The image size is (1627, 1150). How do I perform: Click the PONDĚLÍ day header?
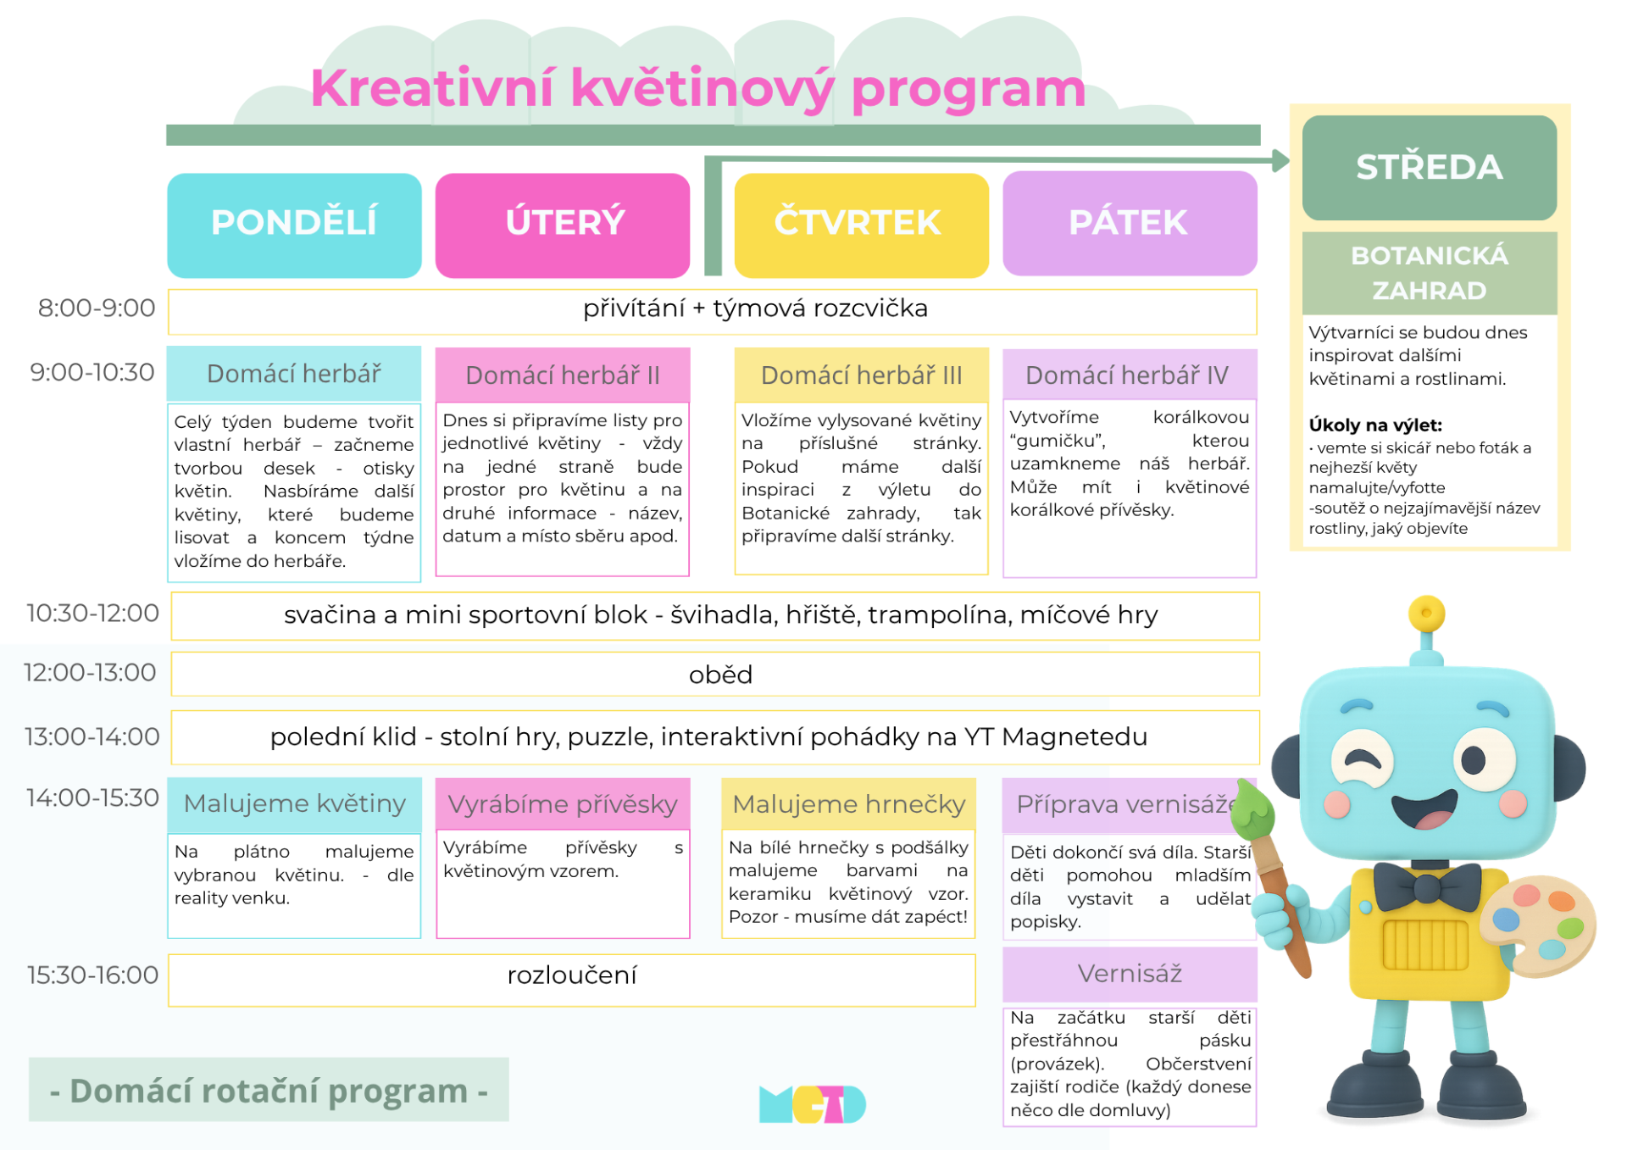(x=294, y=225)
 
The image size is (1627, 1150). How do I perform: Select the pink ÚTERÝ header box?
(x=563, y=225)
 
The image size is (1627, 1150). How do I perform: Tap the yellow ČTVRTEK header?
(x=861, y=225)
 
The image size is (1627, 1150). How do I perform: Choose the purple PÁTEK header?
(x=1130, y=224)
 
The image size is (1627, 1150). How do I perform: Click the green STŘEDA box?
(x=1430, y=168)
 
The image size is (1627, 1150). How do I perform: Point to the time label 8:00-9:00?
(x=97, y=308)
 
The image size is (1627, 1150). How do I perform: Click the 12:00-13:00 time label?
(x=90, y=672)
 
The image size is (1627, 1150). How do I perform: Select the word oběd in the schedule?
(x=720, y=675)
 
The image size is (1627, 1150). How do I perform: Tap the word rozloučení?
(x=572, y=975)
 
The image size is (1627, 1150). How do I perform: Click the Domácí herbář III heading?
(x=861, y=375)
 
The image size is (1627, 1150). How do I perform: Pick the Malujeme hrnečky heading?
(x=848, y=803)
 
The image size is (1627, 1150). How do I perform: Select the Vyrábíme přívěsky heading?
(x=563, y=804)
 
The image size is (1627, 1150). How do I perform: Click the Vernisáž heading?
(x=1130, y=974)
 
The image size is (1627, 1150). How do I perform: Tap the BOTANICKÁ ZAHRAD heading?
(x=1430, y=273)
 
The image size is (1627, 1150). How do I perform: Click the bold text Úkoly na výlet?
(x=1375, y=425)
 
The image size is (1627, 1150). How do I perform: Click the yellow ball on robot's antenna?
(x=1427, y=614)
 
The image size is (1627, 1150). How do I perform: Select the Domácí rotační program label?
(x=269, y=1091)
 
